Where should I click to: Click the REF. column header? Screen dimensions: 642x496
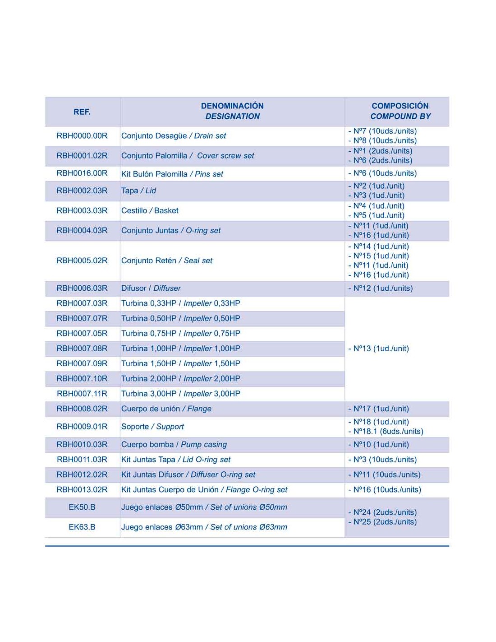coord(82,112)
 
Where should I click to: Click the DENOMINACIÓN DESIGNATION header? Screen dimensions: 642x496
coord(232,111)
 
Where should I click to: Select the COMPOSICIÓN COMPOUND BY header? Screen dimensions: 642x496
coord(400,111)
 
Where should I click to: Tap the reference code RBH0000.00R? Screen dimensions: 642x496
coord(82,135)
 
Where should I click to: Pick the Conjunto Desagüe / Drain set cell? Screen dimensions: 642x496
coord(174,135)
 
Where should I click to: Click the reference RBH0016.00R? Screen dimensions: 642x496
coord(82,173)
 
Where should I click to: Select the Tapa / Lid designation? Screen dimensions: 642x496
coord(138,191)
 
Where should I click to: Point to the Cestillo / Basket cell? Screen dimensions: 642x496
coord(150,210)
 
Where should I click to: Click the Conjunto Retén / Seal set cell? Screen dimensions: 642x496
coord(166,261)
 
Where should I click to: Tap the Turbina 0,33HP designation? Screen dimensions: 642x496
coord(180,303)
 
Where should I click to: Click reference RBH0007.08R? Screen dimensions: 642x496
coord(82,349)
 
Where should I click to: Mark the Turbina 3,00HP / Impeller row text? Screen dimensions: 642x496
coord(180,394)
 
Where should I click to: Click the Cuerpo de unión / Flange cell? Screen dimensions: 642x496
coord(166,409)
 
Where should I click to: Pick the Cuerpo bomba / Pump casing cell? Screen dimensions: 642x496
coord(174,444)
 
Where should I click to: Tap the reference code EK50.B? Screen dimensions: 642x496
coord(82,507)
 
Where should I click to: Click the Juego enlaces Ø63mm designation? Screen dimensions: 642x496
coord(204,527)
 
